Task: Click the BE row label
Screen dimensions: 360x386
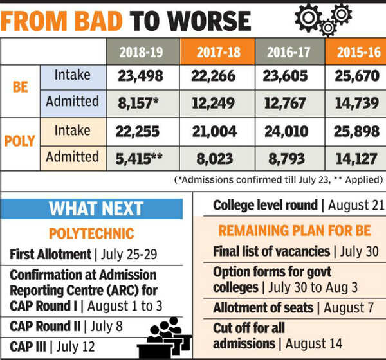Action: tap(21, 89)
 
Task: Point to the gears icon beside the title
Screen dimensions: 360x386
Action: tap(321, 19)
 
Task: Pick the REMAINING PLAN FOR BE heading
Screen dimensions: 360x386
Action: tap(293, 230)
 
